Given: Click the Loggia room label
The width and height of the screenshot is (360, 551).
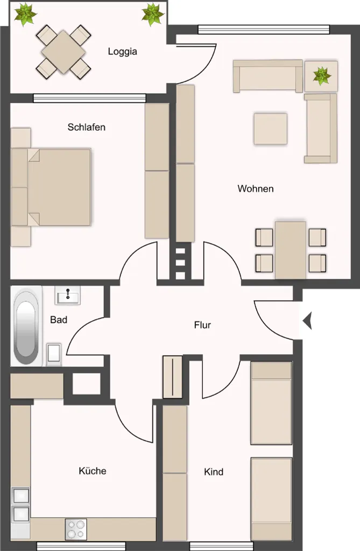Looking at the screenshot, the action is click(122, 52).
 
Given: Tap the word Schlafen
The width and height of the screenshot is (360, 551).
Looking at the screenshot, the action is click(87, 127).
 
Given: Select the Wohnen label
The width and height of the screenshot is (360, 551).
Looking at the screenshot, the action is click(256, 189).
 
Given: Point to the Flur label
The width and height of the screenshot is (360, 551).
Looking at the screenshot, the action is click(202, 325).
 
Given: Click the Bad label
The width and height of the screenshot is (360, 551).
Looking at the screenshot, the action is click(59, 320).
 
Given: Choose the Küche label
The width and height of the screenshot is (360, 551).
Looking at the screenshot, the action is click(93, 471).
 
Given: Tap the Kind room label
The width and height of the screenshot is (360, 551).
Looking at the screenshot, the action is click(214, 471).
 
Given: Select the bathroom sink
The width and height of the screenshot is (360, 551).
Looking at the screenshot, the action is click(67, 295).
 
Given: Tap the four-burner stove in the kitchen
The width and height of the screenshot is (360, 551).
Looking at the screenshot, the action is click(76, 529).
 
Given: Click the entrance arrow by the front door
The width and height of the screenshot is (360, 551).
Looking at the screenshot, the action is click(307, 321).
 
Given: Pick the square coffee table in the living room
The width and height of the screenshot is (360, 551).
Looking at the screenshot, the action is click(270, 129).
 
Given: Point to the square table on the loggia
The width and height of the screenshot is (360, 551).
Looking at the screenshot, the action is click(63, 52).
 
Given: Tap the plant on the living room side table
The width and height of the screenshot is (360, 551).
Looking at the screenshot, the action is click(322, 76).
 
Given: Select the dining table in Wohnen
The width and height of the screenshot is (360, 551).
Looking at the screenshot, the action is click(291, 250).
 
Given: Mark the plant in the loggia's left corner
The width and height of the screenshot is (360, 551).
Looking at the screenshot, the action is click(25, 14).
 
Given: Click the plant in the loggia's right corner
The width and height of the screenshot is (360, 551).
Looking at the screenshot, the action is click(153, 14).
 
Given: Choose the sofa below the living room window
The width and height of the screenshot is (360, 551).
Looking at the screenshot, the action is click(268, 76).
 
